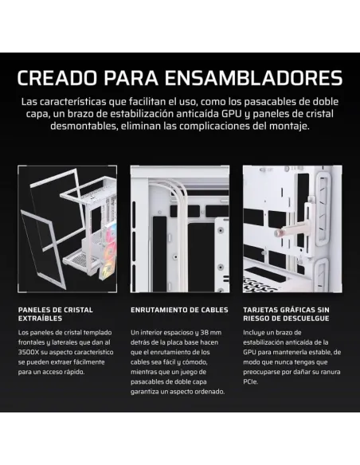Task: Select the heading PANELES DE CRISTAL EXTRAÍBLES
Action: [x=56, y=314]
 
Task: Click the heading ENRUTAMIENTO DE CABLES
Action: [x=179, y=309]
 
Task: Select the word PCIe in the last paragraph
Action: [x=252, y=381]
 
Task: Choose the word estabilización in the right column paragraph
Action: [x=268, y=342]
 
